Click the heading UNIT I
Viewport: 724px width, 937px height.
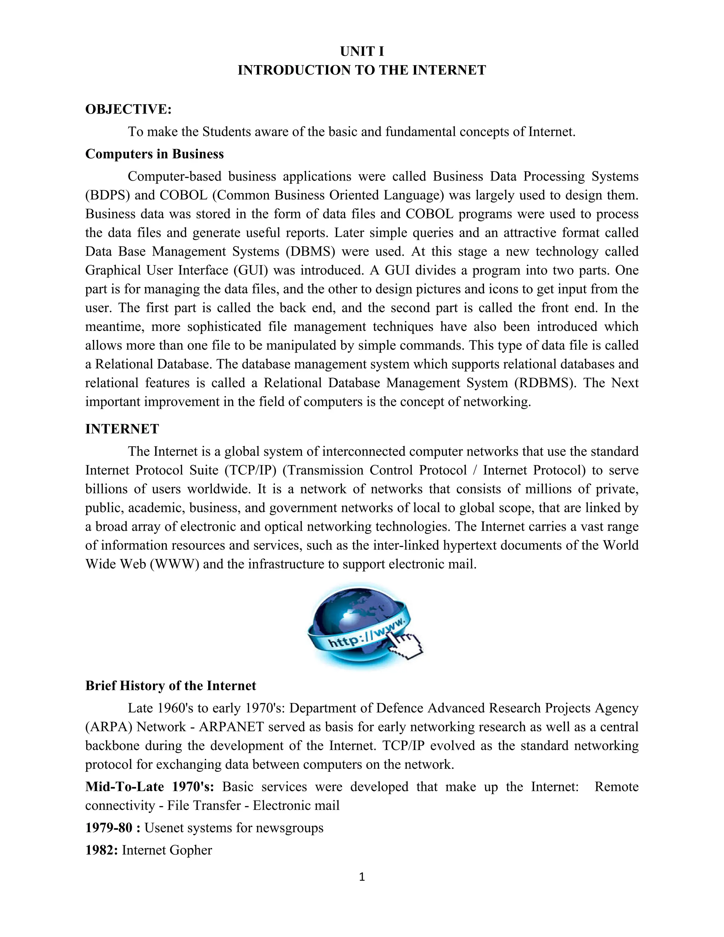click(x=362, y=52)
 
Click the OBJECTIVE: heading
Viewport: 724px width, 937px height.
click(x=128, y=109)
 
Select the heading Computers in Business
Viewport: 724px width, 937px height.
click(x=154, y=154)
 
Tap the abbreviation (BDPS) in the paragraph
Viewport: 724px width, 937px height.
click(x=107, y=195)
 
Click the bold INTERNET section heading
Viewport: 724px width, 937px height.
click(x=122, y=429)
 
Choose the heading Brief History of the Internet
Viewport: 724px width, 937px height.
click(x=170, y=686)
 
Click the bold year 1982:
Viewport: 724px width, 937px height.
click(x=102, y=850)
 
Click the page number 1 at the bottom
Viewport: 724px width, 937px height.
click(x=362, y=877)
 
